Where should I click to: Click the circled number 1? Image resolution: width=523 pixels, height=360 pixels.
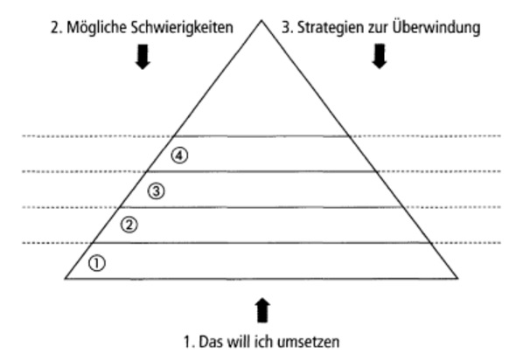[97, 263]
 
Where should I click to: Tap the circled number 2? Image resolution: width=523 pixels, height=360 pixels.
[129, 225]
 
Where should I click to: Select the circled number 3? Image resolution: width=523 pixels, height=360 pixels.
[156, 191]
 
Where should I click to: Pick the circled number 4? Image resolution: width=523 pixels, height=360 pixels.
[179, 156]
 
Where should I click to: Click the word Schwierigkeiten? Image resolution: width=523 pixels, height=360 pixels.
[182, 28]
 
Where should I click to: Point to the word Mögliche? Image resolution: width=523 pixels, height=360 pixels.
[97, 28]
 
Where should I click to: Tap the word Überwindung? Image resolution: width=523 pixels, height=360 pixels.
[436, 27]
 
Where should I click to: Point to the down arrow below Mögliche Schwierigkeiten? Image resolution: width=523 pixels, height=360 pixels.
[143, 57]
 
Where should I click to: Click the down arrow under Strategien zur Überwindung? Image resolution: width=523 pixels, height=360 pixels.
[380, 56]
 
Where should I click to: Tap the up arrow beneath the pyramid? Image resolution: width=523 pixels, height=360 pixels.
[263, 310]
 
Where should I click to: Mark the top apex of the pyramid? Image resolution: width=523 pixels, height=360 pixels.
[261, 20]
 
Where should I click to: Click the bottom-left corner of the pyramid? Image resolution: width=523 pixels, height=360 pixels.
[66, 279]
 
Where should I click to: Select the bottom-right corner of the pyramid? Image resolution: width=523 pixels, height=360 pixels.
[457, 279]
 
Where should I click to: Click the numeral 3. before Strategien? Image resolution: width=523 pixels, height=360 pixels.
[288, 28]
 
